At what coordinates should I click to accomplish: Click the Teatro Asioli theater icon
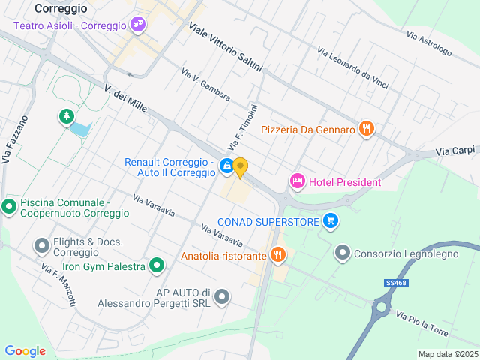137,25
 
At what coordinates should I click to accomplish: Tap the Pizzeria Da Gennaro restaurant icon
366,129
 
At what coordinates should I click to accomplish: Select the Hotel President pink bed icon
298,181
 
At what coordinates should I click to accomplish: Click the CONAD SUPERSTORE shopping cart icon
330,220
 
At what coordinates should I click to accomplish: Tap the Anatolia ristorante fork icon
278,255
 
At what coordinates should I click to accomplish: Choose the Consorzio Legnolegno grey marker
343,253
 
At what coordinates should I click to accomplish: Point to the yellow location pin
240,167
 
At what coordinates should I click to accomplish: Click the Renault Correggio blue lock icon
226,167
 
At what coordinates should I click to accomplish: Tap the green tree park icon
67,116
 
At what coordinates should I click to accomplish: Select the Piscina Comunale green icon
10,206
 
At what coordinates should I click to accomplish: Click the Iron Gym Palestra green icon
156,265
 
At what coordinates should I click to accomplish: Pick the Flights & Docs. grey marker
42,245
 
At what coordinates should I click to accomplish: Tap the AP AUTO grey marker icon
221,298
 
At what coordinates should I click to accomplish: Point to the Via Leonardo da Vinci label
352,68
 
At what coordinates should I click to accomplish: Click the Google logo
25,351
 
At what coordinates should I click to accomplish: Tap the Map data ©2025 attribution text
447,354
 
